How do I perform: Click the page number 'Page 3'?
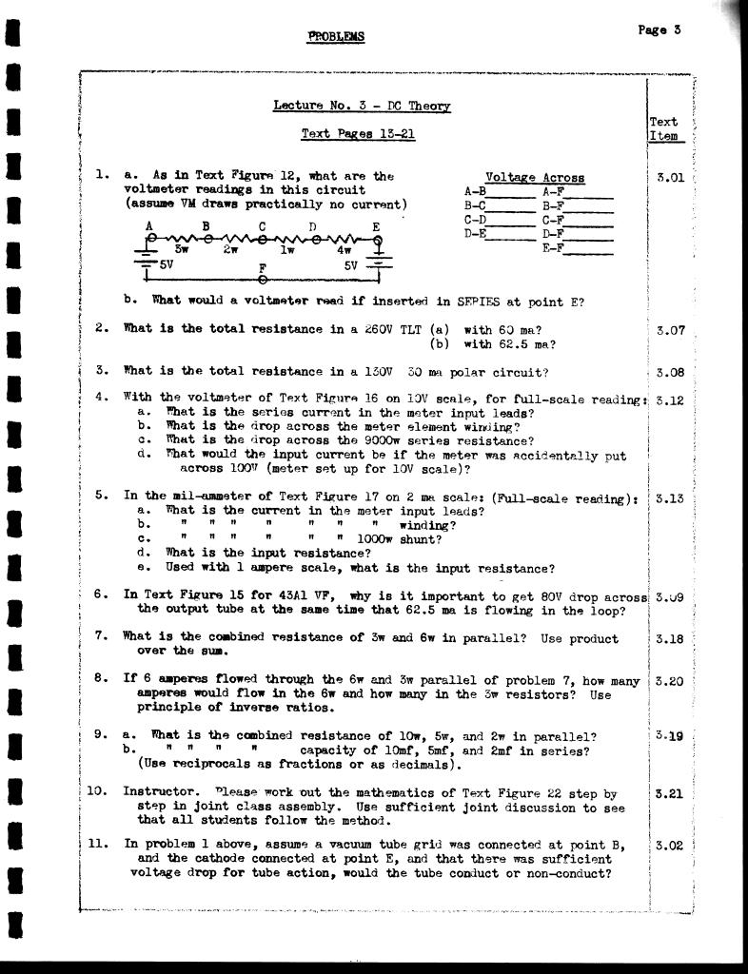(659, 29)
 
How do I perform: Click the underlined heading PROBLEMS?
(336, 37)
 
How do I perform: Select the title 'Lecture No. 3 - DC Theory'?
(362, 107)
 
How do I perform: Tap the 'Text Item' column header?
(663, 129)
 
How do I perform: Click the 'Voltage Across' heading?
(535, 178)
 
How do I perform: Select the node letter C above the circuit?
(262, 227)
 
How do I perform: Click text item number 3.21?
(670, 792)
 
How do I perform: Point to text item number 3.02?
(670, 845)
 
